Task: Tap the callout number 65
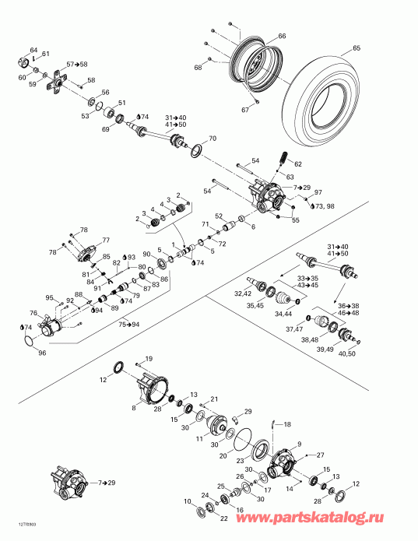click(x=357, y=48)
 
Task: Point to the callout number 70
click(x=213, y=139)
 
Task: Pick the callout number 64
click(x=33, y=50)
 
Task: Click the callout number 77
click(x=106, y=240)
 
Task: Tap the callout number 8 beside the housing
click(x=134, y=407)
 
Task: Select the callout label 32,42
click(x=244, y=294)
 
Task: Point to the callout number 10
click(x=186, y=502)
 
